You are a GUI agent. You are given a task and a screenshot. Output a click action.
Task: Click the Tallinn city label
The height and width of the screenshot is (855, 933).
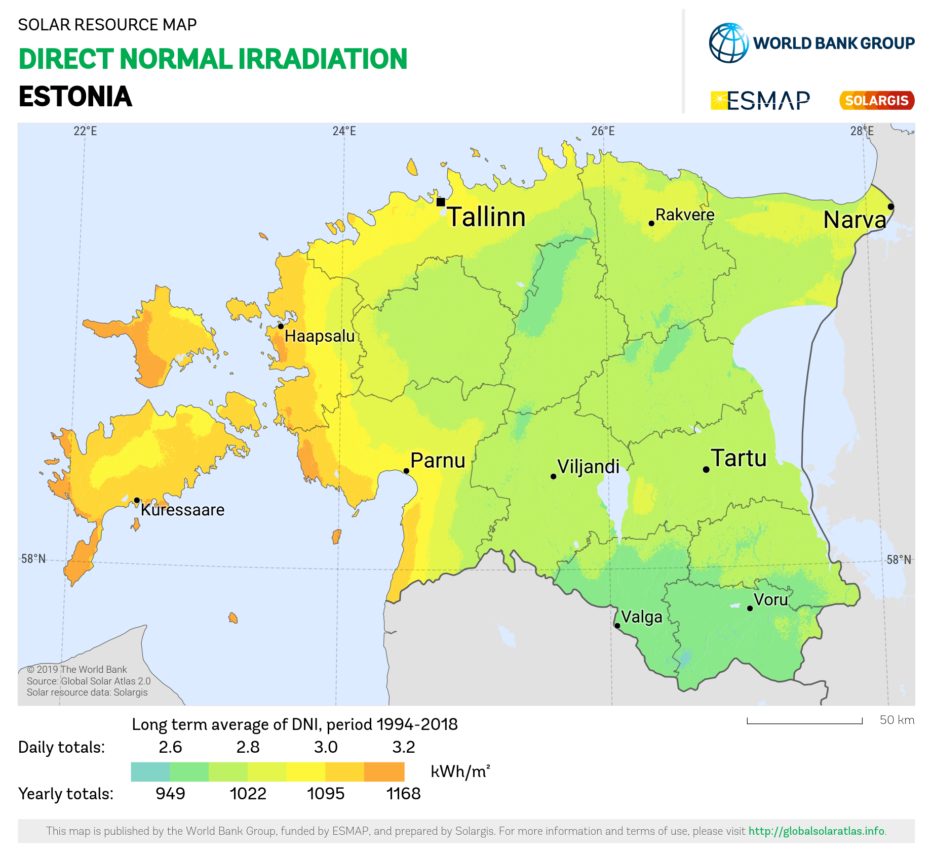(486, 217)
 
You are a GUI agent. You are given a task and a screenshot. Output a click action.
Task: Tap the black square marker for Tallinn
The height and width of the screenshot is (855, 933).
(441, 202)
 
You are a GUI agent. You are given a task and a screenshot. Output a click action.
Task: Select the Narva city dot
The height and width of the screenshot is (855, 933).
(891, 207)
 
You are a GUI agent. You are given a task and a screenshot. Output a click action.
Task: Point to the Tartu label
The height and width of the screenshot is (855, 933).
(739, 458)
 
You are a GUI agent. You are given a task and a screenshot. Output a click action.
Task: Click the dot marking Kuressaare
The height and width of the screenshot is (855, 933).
(137, 500)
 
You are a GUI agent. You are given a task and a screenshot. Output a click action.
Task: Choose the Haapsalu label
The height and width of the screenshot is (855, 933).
(320, 336)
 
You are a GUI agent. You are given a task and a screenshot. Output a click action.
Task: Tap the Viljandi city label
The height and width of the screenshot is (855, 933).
(589, 466)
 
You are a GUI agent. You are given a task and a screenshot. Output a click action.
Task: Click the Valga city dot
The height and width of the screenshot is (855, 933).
(617, 626)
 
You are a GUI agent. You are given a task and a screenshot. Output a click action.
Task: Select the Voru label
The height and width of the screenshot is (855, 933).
(771, 599)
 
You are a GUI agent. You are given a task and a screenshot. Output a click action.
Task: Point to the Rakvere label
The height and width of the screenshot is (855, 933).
(685, 215)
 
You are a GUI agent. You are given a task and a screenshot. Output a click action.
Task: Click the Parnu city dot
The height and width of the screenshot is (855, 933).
(406, 471)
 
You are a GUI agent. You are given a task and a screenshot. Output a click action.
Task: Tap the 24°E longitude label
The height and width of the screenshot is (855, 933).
(344, 131)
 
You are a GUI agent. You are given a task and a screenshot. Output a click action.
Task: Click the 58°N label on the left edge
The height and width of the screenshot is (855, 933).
(33, 559)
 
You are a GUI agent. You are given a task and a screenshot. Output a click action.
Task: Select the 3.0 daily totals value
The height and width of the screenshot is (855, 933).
(326, 747)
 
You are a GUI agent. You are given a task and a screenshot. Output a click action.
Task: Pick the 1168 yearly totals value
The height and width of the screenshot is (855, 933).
(404, 793)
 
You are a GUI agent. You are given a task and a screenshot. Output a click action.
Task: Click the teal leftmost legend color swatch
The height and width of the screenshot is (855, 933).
(150, 772)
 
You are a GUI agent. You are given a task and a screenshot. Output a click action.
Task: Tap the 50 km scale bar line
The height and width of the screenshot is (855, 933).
(804, 723)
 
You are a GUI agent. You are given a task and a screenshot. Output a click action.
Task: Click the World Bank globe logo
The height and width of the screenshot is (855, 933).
(729, 43)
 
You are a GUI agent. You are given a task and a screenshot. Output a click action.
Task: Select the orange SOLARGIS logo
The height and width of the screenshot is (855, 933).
(877, 100)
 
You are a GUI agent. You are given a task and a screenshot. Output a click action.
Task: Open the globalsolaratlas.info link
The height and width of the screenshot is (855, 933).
(817, 831)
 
